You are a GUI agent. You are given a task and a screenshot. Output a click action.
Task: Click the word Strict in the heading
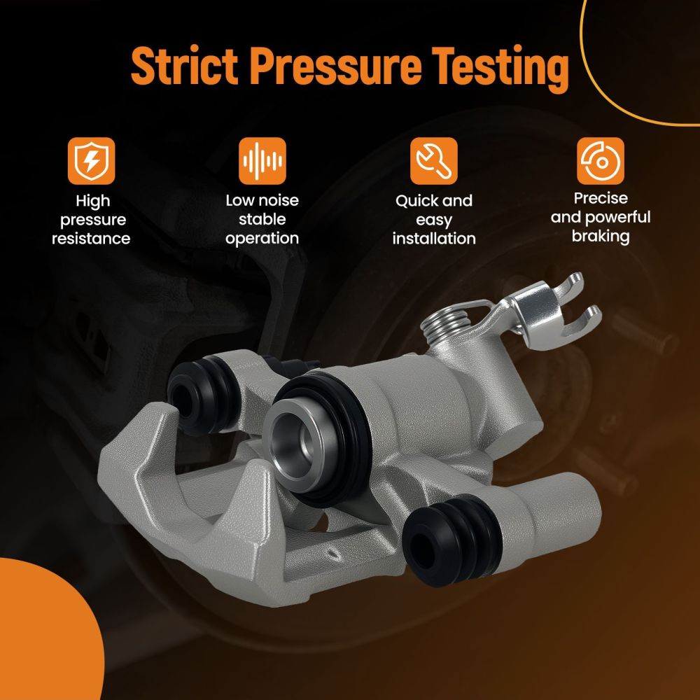pos(184,65)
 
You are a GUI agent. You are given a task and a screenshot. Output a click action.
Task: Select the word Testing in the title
pos(500,69)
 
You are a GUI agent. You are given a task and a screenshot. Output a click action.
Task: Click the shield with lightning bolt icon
pos(92,161)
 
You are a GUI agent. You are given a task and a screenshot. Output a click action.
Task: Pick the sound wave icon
pos(262,161)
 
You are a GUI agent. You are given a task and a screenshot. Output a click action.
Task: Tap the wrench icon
pos(434,161)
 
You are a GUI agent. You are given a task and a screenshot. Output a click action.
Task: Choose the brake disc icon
pos(601,161)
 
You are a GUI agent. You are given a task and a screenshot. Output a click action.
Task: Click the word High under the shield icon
pos(93,202)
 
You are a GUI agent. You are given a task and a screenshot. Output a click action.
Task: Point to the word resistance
pos(91,239)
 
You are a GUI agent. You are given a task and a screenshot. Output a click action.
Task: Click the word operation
pos(262,239)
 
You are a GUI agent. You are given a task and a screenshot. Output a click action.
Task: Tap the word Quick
pos(414,201)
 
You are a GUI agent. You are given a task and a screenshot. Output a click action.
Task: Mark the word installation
pos(434,239)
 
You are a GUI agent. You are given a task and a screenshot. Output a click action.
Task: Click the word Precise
pos(601,198)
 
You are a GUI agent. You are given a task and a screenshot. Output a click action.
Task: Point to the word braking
pos(601,237)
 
